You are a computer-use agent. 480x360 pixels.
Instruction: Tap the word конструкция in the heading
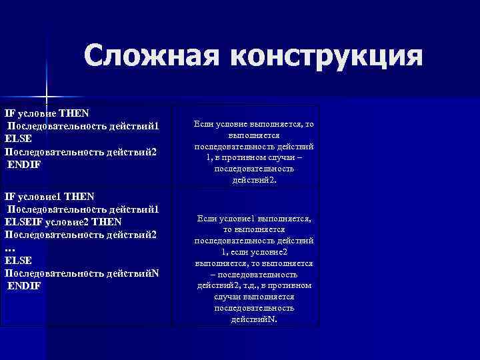(327, 56)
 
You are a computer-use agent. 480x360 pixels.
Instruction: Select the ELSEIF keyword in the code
(23, 221)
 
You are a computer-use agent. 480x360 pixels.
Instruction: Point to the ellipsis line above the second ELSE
(9, 247)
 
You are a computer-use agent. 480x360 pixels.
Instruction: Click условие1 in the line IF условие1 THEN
(41, 196)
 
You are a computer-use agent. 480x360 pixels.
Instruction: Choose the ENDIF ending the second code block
(25, 285)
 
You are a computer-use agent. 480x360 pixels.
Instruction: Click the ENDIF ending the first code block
(25, 165)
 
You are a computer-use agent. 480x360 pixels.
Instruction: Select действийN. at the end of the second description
(254, 319)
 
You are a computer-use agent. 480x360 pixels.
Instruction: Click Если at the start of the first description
(204, 124)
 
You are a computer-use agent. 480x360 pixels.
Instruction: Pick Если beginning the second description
(208, 218)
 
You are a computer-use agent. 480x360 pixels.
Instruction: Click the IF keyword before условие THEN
(9, 113)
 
